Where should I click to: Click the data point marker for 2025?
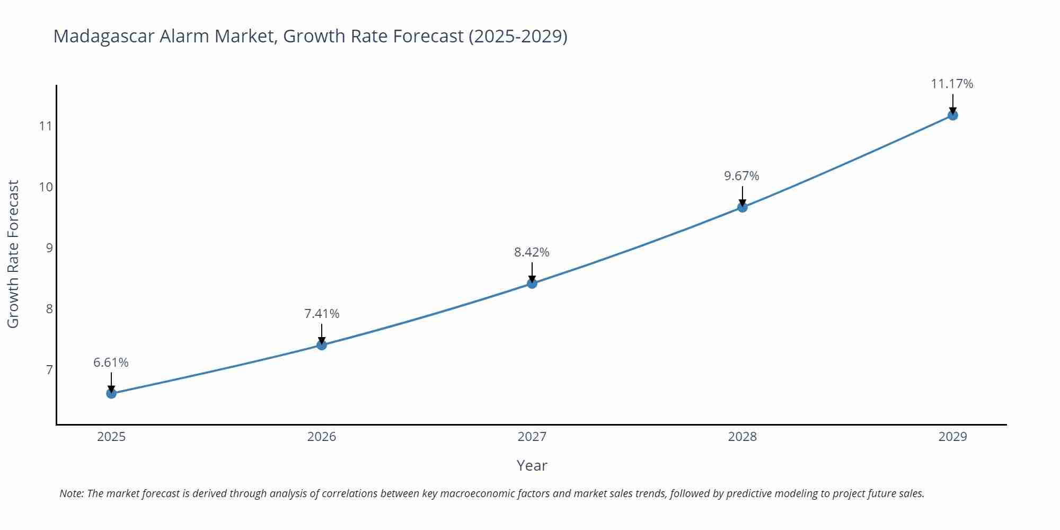pyautogui.click(x=111, y=393)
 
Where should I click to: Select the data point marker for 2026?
pyautogui.click(x=322, y=345)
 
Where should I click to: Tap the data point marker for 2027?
pyautogui.click(x=532, y=284)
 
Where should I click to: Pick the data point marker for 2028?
pyautogui.click(x=743, y=207)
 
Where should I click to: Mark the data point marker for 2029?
pyautogui.click(x=952, y=115)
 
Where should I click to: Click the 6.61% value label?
pyautogui.click(x=111, y=363)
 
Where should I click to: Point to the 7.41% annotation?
pyautogui.click(x=322, y=314)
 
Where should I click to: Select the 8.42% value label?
pyautogui.click(x=532, y=252)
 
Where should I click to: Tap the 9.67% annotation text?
pyautogui.click(x=741, y=176)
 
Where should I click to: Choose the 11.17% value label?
pyautogui.click(x=952, y=84)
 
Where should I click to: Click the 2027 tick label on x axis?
pyautogui.click(x=532, y=437)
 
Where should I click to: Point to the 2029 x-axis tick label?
pyautogui.click(x=952, y=437)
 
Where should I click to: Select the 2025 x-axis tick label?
pyautogui.click(x=111, y=437)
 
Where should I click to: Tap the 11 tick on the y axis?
pyautogui.click(x=46, y=126)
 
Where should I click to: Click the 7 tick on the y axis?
pyautogui.click(x=49, y=370)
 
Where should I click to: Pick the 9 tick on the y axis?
pyautogui.click(x=49, y=248)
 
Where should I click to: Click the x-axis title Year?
pyautogui.click(x=532, y=465)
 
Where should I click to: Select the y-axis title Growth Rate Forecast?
pyautogui.click(x=13, y=254)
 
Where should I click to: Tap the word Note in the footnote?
pyautogui.click(x=70, y=493)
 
